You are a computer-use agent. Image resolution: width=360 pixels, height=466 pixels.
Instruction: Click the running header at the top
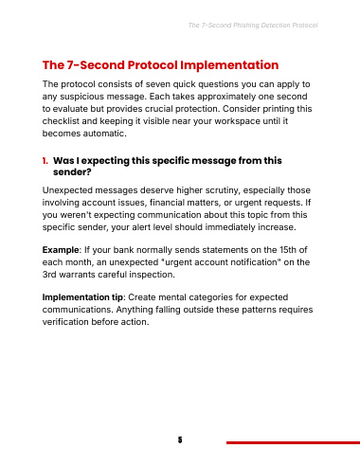click(x=253, y=26)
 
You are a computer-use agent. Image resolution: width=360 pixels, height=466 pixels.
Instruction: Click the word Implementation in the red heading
click(x=229, y=65)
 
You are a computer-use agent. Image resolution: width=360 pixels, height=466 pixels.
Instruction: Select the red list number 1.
click(x=45, y=161)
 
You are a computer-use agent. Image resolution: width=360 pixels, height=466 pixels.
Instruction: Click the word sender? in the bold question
click(x=72, y=172)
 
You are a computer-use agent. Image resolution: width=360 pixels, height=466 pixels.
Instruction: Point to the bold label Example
click(x=61, y=250)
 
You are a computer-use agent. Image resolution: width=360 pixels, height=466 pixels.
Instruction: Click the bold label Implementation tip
click(x=82, y=297)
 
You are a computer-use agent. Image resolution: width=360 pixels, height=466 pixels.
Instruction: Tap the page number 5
click(x=180, y=439)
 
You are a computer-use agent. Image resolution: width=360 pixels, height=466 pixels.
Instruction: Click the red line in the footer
click(x=293, y=442)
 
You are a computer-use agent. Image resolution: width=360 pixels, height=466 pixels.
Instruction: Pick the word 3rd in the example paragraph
click(x=49, y=275)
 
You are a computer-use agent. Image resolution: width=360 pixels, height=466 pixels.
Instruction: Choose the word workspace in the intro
click(x=241, y=121)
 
